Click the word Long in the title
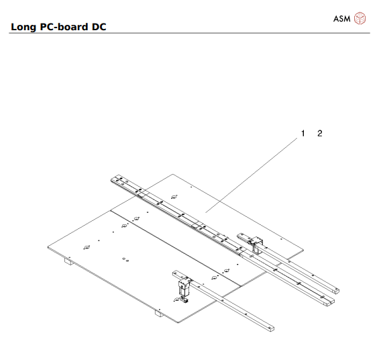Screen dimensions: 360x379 (24, 27)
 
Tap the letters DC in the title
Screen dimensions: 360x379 (98, 27)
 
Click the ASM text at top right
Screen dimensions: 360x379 (342, 18)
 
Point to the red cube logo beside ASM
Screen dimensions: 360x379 (361, 18)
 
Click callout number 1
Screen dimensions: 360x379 (303, 134)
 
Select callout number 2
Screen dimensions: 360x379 (320, 134)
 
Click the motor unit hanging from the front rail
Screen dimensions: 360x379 (182, 291)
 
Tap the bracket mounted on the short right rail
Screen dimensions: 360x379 (255, 244)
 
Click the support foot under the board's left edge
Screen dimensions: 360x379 (68, 263)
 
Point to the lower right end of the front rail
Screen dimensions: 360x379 (270, 328)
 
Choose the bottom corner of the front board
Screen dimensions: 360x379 (178, 323)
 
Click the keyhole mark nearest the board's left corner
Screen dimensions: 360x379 (85, 247)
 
